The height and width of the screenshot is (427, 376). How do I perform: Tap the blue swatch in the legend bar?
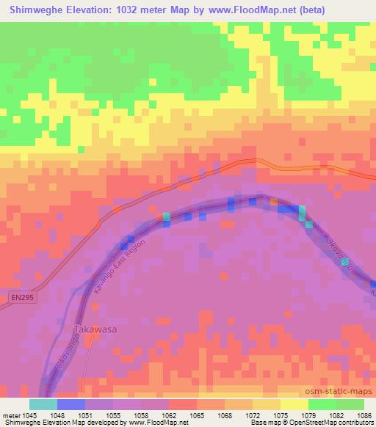[71, 404]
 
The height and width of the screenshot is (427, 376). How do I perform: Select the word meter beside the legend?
[14, 415]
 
